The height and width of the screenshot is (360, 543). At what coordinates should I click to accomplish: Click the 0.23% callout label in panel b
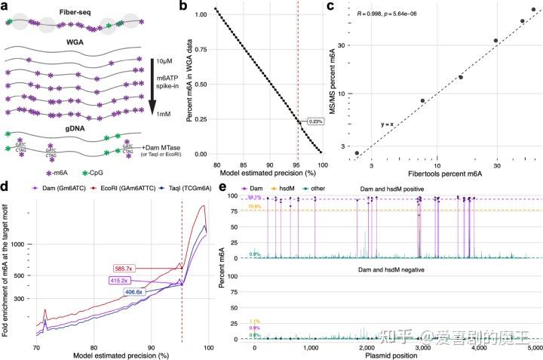[318, 121]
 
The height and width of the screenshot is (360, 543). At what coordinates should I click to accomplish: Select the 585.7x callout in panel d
[127, 269]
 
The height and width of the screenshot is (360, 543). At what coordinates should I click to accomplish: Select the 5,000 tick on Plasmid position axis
[532, 349]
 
